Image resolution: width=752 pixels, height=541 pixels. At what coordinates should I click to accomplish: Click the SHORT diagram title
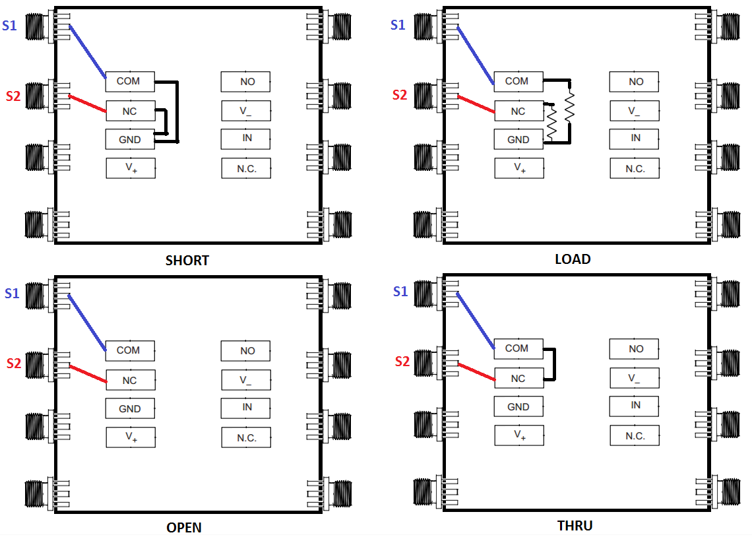point(187,261)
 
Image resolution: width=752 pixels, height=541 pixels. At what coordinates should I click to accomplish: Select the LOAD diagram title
point(573,259)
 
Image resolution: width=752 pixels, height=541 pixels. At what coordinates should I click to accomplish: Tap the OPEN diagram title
point(183,528)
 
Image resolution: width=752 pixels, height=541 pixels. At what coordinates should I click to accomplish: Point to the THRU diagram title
point(575,526)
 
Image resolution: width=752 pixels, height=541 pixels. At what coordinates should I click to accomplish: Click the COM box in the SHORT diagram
point(130,82)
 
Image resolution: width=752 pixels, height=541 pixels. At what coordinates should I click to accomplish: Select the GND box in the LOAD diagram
point(518,140)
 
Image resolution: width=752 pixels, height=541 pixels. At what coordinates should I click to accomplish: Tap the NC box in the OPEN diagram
point(131,380)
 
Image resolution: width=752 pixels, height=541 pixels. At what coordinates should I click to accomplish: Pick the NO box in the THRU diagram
point(634,348)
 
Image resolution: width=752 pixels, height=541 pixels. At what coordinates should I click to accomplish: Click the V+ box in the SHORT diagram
point(131,168)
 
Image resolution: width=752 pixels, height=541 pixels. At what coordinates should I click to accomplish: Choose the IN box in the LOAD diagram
point(634,139)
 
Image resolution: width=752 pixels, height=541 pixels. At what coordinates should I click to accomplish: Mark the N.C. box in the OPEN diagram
point(246,437)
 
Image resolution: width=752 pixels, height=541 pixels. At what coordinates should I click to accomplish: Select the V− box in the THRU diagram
point(634,377)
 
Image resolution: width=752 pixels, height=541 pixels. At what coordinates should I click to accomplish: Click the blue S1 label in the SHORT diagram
point(10,25)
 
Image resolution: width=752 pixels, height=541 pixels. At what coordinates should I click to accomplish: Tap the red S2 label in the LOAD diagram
point(400,95)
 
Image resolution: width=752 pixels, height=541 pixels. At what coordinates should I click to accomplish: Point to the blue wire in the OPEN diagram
point(87,323)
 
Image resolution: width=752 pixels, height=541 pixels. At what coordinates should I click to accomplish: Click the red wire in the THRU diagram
point(477,372)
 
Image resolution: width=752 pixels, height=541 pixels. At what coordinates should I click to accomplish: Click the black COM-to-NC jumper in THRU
point(554,364)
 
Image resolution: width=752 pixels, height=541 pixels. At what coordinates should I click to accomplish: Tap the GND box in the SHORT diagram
point(130,140)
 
